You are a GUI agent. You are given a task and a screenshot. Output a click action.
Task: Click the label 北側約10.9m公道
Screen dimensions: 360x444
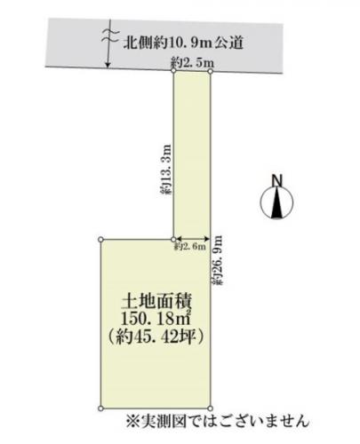click(183, 43)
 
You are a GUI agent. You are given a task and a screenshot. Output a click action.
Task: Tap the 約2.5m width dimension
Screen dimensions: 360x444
click(193, 63)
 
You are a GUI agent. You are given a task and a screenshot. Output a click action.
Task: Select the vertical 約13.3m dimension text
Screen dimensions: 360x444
click(166, 170)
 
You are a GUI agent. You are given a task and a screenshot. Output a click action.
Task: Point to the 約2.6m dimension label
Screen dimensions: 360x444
click(190, 246)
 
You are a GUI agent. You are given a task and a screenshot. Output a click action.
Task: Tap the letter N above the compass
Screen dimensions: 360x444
click(277, 180)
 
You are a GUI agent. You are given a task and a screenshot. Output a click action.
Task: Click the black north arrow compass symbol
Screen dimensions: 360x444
click(276, 202)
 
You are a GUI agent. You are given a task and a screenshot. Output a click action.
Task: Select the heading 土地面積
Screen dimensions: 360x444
click(156, 302)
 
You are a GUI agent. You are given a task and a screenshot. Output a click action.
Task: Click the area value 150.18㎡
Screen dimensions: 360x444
click(156, 319)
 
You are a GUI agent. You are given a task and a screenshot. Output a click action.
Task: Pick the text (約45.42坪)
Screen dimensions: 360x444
click(156, 337)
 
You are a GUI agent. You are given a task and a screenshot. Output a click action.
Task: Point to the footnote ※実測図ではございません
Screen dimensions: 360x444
click(218, 420)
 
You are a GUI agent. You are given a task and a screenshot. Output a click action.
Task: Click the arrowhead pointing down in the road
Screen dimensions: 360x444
click(108, 65)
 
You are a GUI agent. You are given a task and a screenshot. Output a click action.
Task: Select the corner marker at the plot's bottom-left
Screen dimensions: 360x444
click(100, 408)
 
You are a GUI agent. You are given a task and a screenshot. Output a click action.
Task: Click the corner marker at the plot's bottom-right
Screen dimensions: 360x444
click(210, 408)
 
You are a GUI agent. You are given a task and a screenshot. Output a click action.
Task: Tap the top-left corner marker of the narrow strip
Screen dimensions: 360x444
click(173, 70)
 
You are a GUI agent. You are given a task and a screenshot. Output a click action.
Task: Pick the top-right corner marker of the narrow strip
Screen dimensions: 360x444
click(210, 71)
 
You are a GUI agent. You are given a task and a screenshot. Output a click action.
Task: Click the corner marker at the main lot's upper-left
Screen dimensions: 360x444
click(100, 239)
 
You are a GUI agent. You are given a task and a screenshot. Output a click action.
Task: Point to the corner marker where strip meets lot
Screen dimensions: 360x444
click(173, 239)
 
